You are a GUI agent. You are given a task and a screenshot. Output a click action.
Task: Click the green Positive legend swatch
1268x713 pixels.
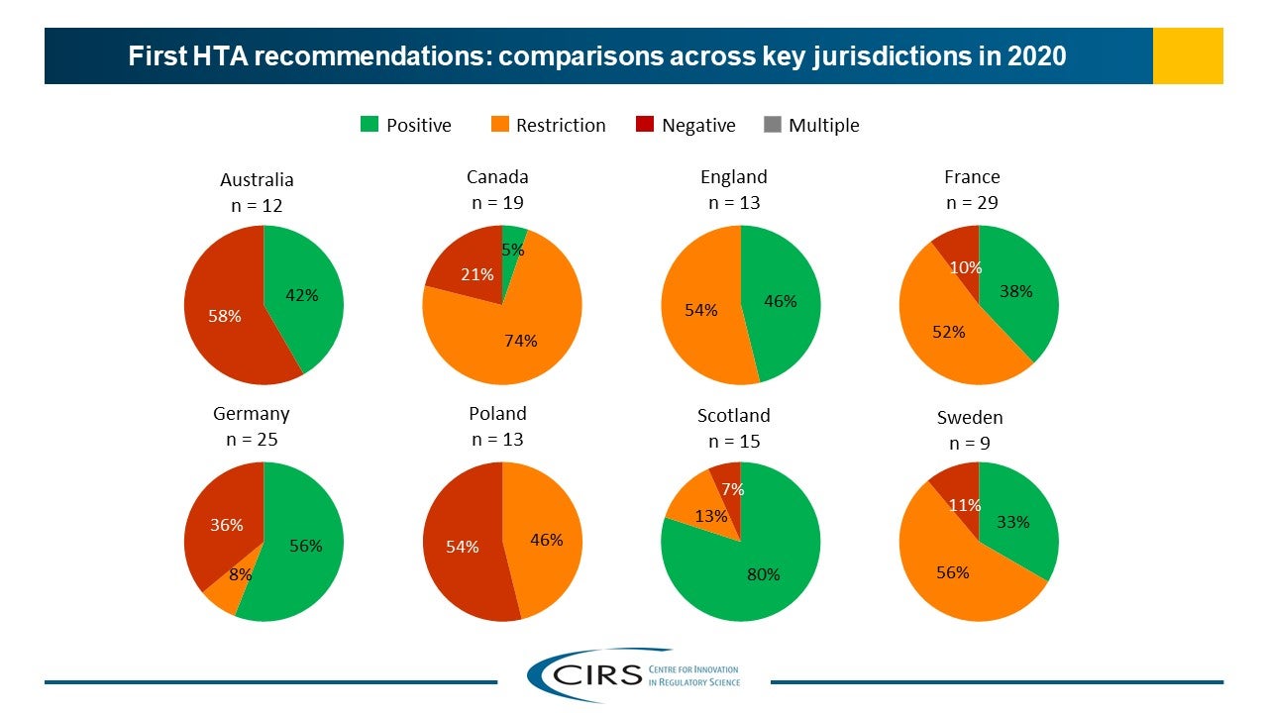coord(368,125)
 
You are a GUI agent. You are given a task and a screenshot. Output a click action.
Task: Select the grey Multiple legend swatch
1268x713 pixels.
coord(773,125)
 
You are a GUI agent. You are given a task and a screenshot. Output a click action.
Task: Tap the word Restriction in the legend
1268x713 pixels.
coord(561,126)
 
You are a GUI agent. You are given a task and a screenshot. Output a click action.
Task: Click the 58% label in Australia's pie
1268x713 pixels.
coord(224,316)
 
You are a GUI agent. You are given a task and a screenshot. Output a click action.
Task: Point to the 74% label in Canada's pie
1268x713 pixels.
coord(521,341)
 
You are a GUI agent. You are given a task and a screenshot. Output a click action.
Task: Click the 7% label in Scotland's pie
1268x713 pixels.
coord(733,489)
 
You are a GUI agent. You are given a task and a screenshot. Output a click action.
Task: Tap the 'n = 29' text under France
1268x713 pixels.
coord(972,203)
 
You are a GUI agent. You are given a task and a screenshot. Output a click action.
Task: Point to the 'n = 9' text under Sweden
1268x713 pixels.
coord(970,444)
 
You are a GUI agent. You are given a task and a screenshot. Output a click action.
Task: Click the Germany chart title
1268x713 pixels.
coord(251,414)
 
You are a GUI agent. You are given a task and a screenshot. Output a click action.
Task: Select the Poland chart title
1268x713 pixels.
coord(497,414)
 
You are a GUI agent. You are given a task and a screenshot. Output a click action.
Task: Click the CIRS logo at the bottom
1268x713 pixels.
coord(634,674)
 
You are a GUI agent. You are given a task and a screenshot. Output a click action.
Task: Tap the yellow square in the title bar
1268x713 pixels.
coord(1188,55)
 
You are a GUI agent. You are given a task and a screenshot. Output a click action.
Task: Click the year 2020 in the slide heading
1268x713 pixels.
coord(1036,56)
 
